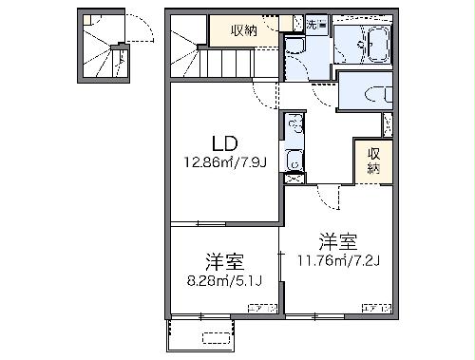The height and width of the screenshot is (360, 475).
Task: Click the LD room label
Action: [224, 144]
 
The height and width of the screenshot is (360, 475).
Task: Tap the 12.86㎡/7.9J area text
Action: [224, 161]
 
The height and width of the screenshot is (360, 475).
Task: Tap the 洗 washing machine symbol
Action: [315, 24]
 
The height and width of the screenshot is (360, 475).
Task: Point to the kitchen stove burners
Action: [294, 123]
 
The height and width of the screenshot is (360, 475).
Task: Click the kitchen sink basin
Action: [294, 164]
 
